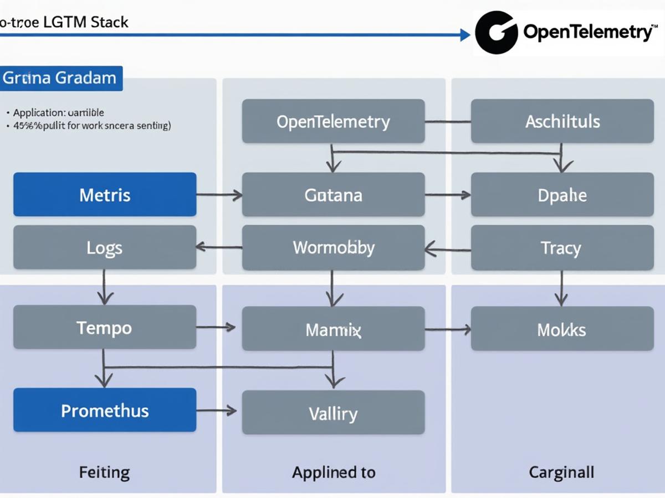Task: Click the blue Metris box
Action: [x=105, y=194]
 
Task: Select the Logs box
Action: [x=105, y=247]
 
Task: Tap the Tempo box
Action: [x=105, y=327]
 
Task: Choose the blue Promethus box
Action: [x=105, y=410]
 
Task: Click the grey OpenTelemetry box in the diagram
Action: [x=333, y=121]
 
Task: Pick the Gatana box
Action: [x=333, y=194]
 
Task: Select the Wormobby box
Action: [x=333, y=247]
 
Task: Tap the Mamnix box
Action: [x=333, y=330]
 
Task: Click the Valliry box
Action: [x=333, y=413]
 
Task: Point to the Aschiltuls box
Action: [x=562, y=121]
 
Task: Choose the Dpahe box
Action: [x=562, y=194]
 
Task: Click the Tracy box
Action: [x=562, y=247]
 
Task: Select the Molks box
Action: [x=562, y=330]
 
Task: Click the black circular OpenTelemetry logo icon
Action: [x=497, y=32]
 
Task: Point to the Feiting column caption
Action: [x=105, y=473]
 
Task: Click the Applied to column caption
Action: [x=333, y=473]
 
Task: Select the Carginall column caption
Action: [x=562, y=473]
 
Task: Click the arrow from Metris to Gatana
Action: [x=219, y=195]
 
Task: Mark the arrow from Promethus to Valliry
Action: [x=217, y=411]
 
